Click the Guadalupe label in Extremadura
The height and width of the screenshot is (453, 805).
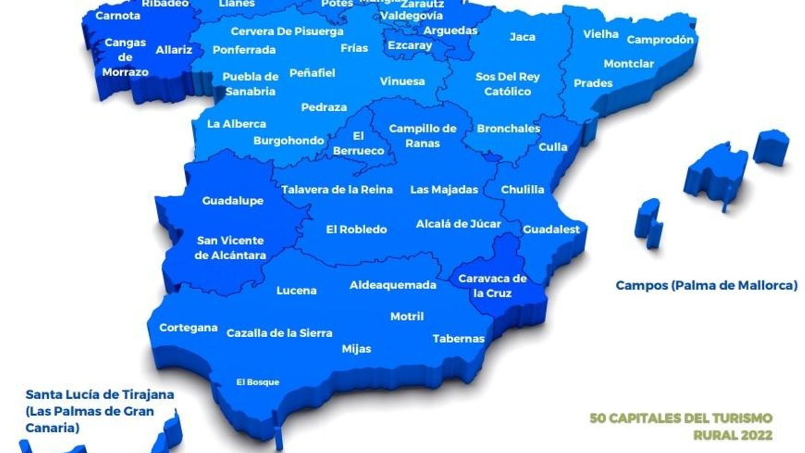point(232,200)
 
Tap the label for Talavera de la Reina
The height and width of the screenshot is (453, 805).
point(337,190)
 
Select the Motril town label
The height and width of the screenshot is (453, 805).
point(407,317)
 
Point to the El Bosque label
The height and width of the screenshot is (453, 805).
point(258,382)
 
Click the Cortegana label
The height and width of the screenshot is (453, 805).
point(188,328)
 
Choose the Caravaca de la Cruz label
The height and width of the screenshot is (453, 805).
point(492,285)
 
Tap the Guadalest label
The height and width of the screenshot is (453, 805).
point(551,230)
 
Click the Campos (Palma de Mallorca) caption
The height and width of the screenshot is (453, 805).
point(706,285)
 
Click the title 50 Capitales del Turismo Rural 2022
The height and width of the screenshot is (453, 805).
point(681,426)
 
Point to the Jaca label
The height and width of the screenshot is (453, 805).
point(522,37)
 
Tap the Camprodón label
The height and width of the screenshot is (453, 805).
point(660,39)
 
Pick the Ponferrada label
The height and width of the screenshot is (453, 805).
point(244,50)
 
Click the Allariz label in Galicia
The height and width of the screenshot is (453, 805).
point(174,50)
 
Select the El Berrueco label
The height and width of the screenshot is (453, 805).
point(358,143)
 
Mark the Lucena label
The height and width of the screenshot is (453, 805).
point(296,290)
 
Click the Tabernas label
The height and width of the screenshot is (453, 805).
point(458,339)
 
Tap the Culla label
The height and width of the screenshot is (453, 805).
point(552,147)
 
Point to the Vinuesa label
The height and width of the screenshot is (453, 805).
point(402,81)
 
